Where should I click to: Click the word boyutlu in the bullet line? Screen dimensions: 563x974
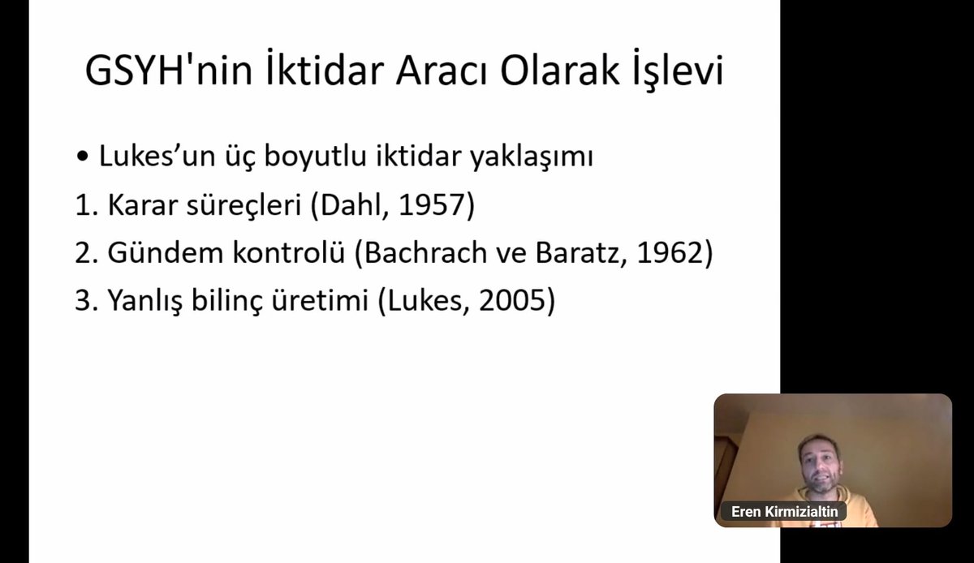tap(285, 157)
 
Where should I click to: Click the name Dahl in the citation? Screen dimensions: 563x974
tap(349, 205)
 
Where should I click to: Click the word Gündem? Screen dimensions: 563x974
tap(152, 253)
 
